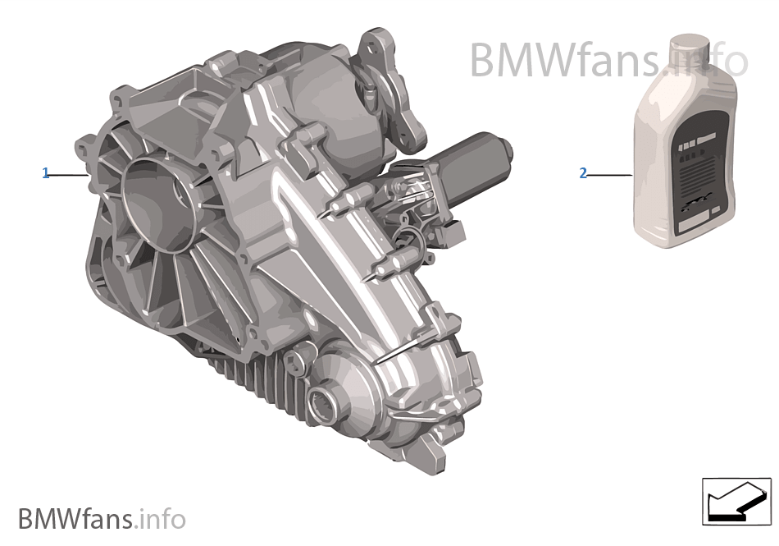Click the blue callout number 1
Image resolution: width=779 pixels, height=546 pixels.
46,173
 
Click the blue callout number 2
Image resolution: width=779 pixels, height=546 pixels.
583,173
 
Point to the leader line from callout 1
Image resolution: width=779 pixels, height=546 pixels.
69,174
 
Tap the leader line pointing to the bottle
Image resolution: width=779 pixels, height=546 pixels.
608,174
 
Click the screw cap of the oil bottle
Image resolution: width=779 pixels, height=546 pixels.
689,51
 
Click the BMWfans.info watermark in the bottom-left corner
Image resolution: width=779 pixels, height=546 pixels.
102,519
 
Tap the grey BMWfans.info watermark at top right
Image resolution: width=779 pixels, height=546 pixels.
608,60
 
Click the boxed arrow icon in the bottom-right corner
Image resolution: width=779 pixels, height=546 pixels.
736,500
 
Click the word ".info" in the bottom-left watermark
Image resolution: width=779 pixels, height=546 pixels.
162,519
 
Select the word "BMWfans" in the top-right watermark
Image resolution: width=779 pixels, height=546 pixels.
566,60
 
